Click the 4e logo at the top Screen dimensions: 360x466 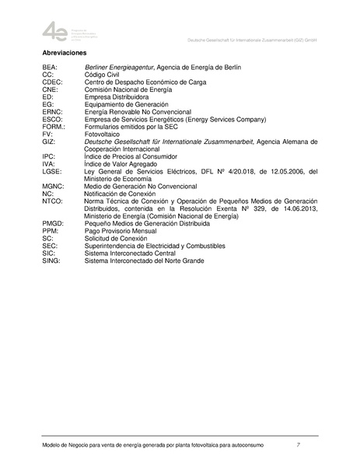[55, 31]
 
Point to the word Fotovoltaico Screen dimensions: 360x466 [107, 134]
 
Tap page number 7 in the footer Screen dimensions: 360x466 [299, 444]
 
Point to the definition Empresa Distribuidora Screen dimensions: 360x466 [122, 96]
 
